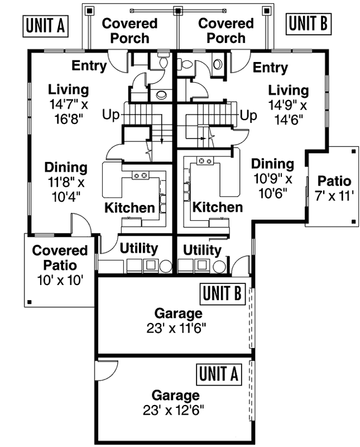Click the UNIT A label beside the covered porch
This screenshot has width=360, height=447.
(x=45, y=25)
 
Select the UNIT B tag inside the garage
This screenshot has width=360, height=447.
(x=222, y=293)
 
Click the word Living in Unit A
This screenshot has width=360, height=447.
(x=68, y=89)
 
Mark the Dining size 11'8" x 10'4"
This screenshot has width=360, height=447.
(x=66, y=188)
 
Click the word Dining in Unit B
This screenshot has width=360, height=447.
(x=272, y=164)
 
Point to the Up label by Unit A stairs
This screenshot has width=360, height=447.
(x=111, y=115)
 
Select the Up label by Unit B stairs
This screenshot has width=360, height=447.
(x=248, y=115)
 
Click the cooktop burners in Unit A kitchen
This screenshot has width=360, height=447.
(x=141, y=175)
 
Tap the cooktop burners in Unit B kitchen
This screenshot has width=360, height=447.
(x=205, y=161)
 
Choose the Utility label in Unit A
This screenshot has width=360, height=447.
(x=138, y=248)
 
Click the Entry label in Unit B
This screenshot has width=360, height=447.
(x=270, y=68)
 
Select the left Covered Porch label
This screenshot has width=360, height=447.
(x=129, y=31)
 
